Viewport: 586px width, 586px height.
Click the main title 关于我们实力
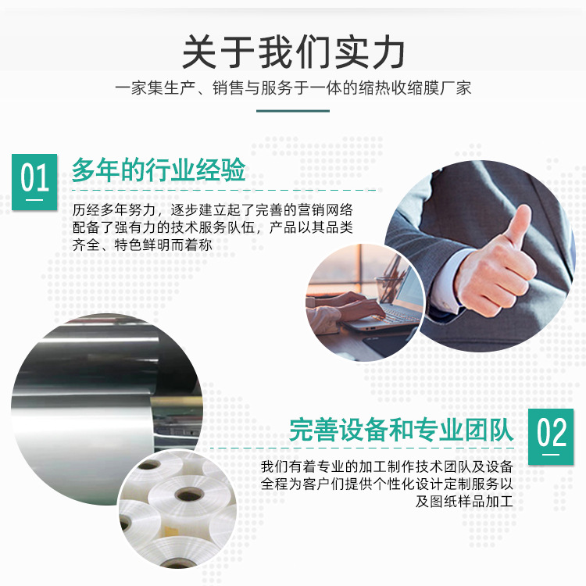(293, 52)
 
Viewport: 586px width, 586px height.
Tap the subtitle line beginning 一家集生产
(293, 88)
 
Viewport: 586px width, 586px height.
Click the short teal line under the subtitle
(293, 111)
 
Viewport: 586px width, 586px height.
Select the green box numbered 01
(34, 181)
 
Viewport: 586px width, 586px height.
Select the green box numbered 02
(551, 437)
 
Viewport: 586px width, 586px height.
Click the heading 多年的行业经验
(159, 170)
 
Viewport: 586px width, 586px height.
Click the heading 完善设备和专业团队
(402, 430)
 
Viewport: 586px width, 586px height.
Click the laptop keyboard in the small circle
(396, 316)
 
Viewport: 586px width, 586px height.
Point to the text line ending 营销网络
(213, 210)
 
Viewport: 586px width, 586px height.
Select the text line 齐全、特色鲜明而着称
(142, 245)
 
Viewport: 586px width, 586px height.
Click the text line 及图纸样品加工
(464, 501)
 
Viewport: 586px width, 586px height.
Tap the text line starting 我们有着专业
(387, 466)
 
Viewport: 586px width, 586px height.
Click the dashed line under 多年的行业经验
(223, 190)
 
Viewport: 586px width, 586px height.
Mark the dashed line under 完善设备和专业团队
(362, 448)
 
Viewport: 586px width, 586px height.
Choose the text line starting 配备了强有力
(213, 227)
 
